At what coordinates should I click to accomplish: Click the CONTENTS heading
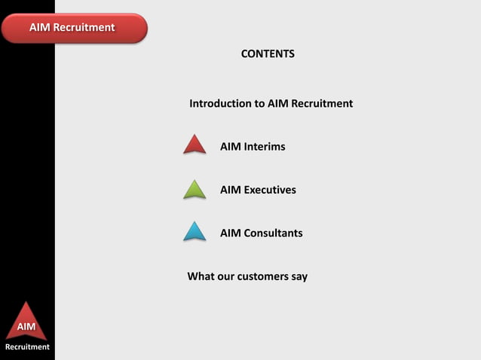[x=268, y=54]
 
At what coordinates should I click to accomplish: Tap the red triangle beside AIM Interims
[x=195, y=145]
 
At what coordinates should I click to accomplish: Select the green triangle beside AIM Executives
[x=195, y=190]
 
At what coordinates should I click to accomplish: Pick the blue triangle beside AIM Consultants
[x=195, y=232]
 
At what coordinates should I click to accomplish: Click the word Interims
[x=265, y=146]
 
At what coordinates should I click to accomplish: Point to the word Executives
[x=270, y=190]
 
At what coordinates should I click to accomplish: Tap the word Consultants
[x=273, y=233]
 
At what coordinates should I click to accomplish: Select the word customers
[x=263, y=276]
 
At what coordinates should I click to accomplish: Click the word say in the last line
[x=299, y=276]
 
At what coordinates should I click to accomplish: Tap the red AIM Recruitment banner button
[x=72, y=28]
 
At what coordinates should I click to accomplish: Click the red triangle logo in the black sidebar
[x=27, y=322]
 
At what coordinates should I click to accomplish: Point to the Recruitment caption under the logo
[x=27, y=347]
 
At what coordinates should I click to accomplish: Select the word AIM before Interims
[x=230, y=146]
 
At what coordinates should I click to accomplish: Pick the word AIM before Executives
[x=230, y=190]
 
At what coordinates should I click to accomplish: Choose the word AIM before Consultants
[x=230, y=233]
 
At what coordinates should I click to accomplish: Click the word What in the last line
[x=201, y=276]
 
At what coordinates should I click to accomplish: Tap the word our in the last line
[x=225, y=276]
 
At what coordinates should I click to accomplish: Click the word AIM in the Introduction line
[x=278, y=103]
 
